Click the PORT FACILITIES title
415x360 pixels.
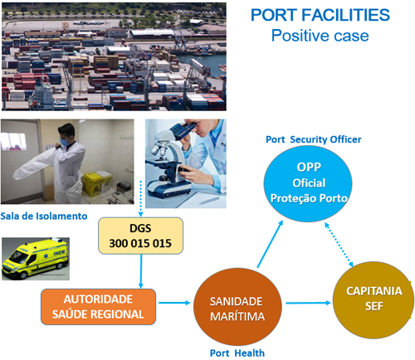pos(320,15)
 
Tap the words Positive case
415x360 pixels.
pos(320,36)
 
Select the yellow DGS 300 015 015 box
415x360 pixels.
pos(140,236)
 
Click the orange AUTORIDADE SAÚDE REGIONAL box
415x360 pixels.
pos(98,307)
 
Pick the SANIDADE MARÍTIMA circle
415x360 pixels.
pos(237,307)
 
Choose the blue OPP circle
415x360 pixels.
pos(308,183)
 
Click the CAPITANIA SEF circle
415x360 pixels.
pos(373,300)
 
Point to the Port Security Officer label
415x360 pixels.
pos(314,139)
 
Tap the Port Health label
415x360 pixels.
pos(237,353)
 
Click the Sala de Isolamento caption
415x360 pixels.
pos(44,216)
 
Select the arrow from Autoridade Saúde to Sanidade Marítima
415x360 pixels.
pos(174,303)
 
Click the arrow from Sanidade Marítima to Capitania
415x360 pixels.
pos(308,303)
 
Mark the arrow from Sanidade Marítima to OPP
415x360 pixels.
pos(270,244)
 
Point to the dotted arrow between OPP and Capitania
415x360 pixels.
pos(339,245)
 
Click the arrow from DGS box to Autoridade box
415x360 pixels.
pos(141,271)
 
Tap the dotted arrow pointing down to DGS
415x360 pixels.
pos(140,198)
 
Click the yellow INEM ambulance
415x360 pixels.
pos(35,258)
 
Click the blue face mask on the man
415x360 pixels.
pos(65,142)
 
